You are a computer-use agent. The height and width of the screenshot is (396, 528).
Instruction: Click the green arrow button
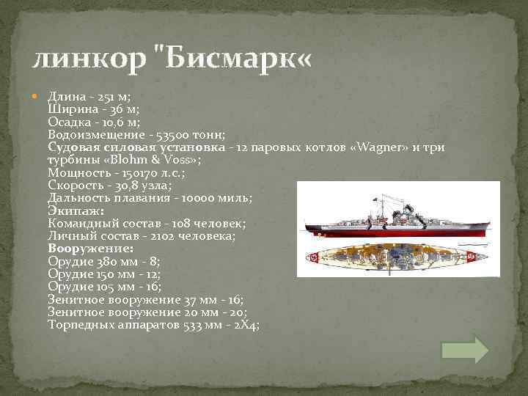pyautogui.click(x=465, y=350)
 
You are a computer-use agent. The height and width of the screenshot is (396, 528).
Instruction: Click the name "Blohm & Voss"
pyautogui.click(x=153, y=161)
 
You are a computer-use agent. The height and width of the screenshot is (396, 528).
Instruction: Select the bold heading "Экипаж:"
pyautogui.click(x=76, y=211)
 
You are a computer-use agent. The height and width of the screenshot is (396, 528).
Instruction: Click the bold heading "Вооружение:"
pyautogui.click(x=89, y=249)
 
